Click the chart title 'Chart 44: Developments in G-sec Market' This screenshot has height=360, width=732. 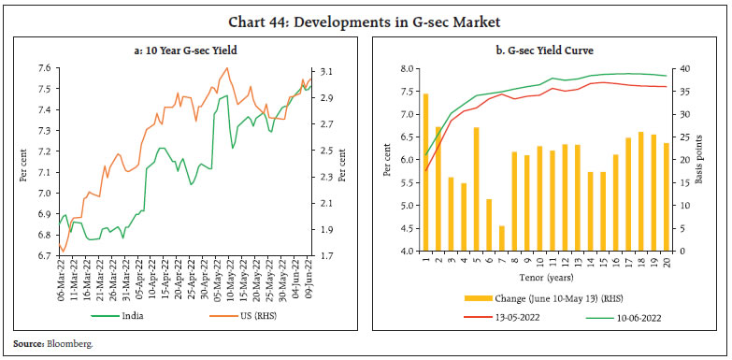coord(366,13)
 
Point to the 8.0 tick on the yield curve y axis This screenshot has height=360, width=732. coord(403,69)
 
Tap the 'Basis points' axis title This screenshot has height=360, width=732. coord(708,160)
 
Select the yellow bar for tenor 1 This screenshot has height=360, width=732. coord(426,172)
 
